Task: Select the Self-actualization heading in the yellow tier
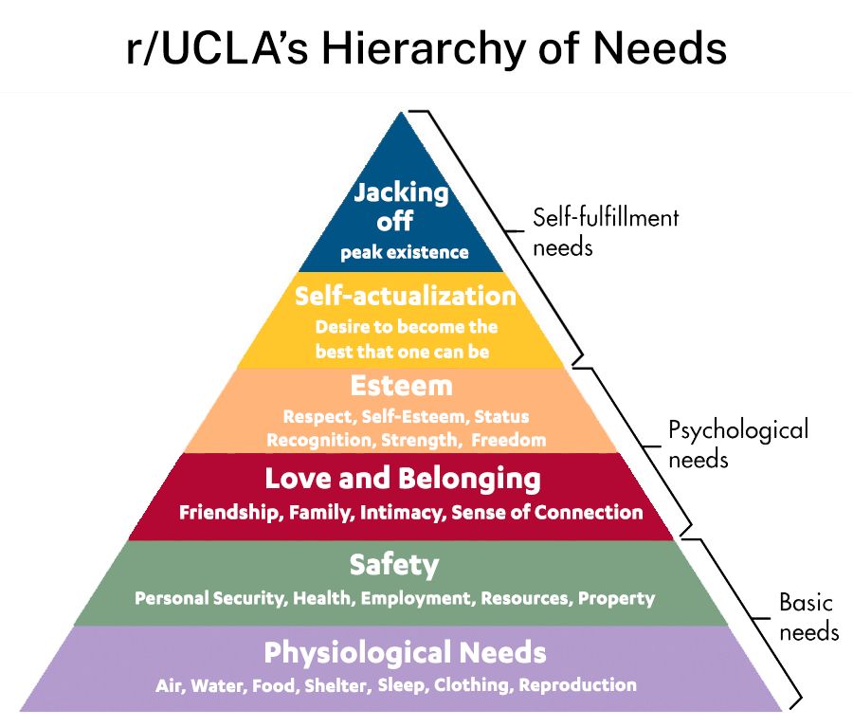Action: point(406,296)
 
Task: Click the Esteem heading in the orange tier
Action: point(401,386)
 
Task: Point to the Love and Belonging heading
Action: point(403,478)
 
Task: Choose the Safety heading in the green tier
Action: point(394,565)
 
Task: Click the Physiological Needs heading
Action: point(405,652)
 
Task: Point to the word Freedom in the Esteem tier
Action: point(509,440)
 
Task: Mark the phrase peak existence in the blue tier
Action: point(405,253)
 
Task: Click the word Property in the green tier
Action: point(617,599)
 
